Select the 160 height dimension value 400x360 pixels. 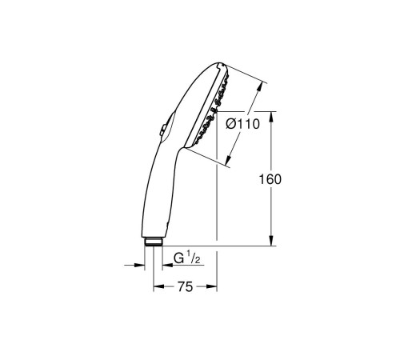pyautogui.click(x=271, y=180)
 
